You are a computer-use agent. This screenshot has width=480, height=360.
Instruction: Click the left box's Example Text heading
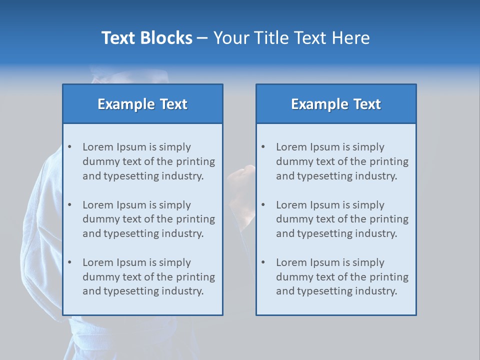point(142,104)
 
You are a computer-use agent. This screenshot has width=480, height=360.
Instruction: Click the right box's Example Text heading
point(336,104)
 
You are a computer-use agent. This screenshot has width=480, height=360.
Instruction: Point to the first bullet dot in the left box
point(69,147)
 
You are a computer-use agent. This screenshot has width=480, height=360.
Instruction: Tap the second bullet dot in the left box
point(69,205)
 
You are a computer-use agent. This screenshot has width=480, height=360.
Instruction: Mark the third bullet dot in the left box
point(69,262)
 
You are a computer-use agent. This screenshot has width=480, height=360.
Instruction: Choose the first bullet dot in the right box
point(263,147)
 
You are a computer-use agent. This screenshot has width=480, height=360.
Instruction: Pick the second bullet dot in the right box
point(263,205)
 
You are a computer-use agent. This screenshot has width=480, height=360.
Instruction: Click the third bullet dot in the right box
point(263,262)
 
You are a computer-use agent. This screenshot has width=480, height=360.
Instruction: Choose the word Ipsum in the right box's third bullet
point(328,262)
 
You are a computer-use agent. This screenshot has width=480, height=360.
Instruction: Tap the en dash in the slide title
point(202,38)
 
